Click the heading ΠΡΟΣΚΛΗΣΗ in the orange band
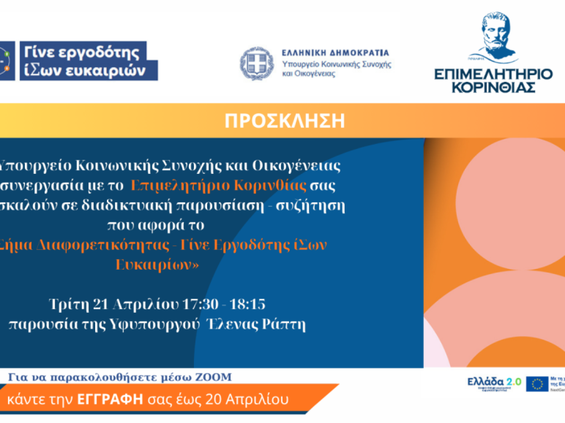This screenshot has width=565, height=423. [284, 121]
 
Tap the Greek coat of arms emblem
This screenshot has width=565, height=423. [257, 63]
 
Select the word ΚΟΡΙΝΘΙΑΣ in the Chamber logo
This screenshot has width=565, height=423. [493, 87]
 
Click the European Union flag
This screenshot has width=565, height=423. [537, 384]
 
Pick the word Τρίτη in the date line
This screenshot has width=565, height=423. [69, 304]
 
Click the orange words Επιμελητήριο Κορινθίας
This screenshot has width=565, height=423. [219, 186]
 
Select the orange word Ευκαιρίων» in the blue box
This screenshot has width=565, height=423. [157, 265]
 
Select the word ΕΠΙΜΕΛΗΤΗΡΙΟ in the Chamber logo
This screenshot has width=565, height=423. [493, 74]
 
